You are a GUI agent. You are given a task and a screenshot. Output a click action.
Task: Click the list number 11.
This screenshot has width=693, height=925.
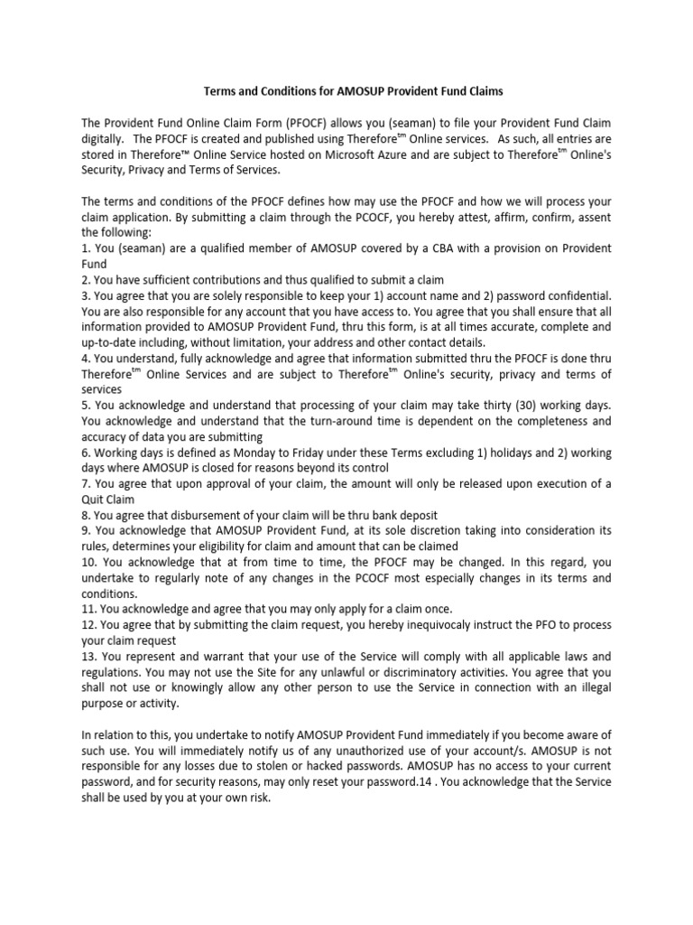click(89, 609)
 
